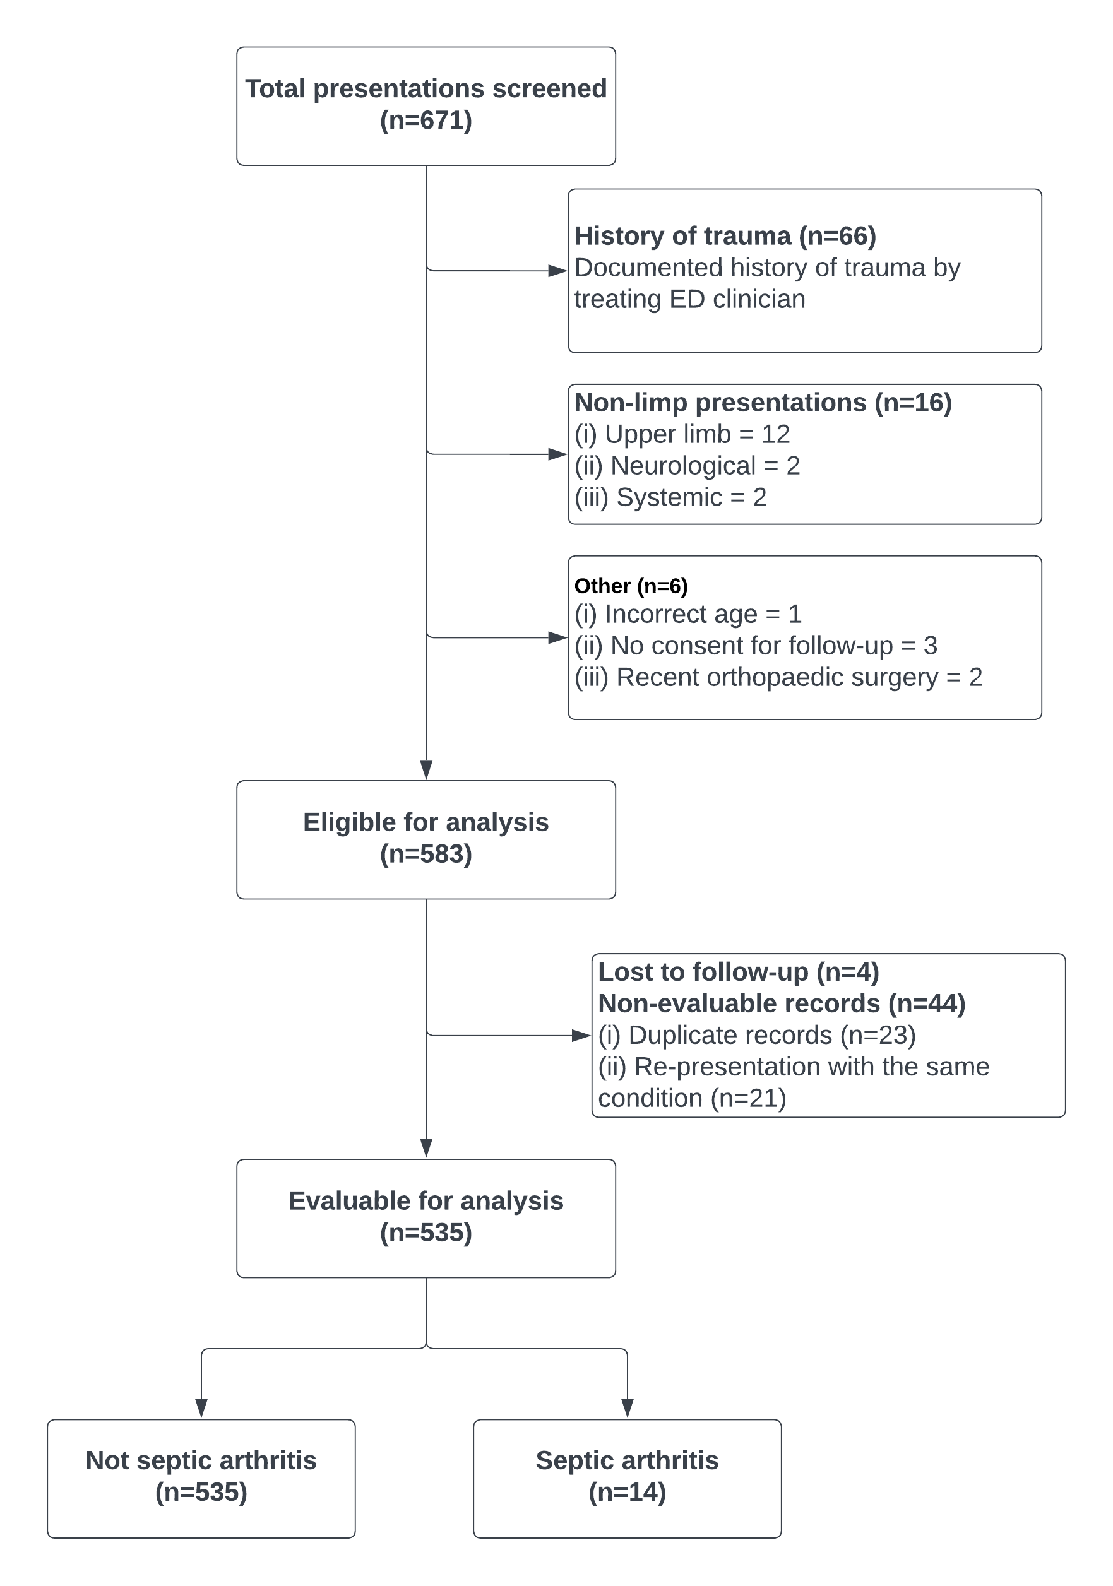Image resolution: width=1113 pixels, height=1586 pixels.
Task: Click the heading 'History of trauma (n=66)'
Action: point(725,236)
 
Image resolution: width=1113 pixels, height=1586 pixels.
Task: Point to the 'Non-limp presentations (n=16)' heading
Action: point(763,403)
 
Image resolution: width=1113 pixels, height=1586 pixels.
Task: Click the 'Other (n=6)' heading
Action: point(631,586)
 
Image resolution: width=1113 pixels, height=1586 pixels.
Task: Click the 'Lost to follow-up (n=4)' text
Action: point(738,972)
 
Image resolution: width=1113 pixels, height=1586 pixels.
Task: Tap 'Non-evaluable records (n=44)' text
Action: point(782,1003)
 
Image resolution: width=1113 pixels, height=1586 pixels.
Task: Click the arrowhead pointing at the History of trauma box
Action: point(557,271)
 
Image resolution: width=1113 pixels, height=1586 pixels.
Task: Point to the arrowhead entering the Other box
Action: point(557,637)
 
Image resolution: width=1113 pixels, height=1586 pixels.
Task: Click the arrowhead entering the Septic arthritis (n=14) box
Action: point(628,1409)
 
